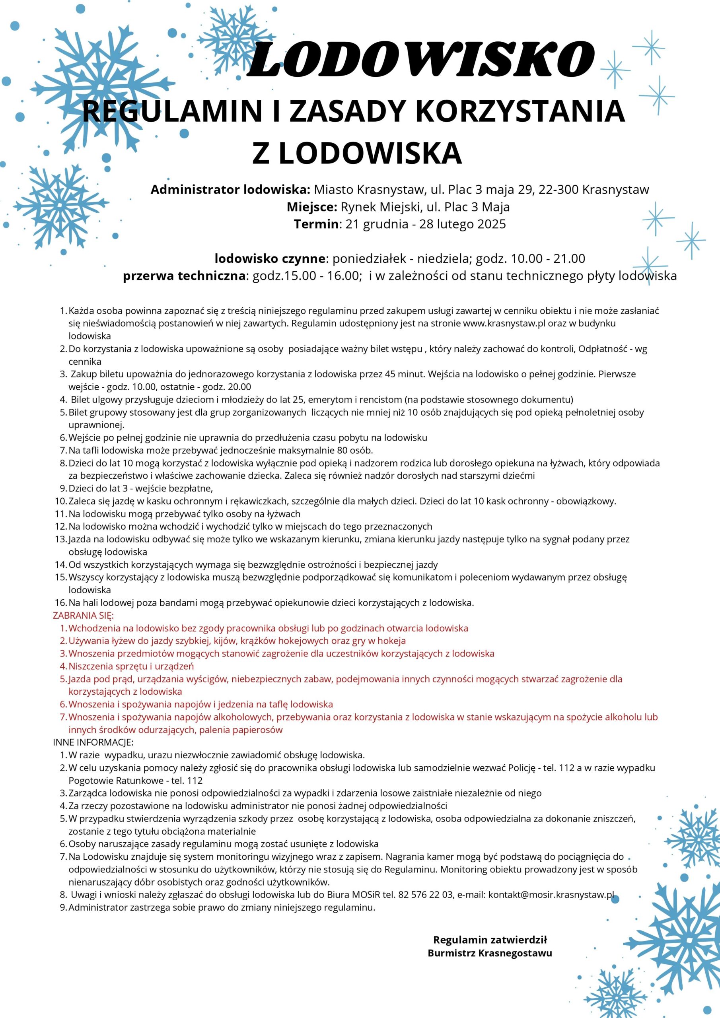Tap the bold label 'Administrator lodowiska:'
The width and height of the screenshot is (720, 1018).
tap(230, 190)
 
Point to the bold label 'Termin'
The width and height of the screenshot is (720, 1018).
tap(316, 224)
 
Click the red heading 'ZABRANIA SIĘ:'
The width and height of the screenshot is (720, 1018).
tap(84, 616)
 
